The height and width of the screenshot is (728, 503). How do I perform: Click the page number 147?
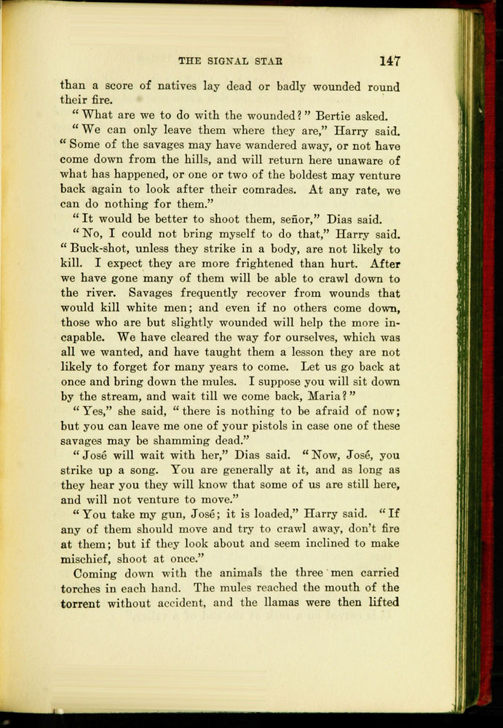pos(389,61)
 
